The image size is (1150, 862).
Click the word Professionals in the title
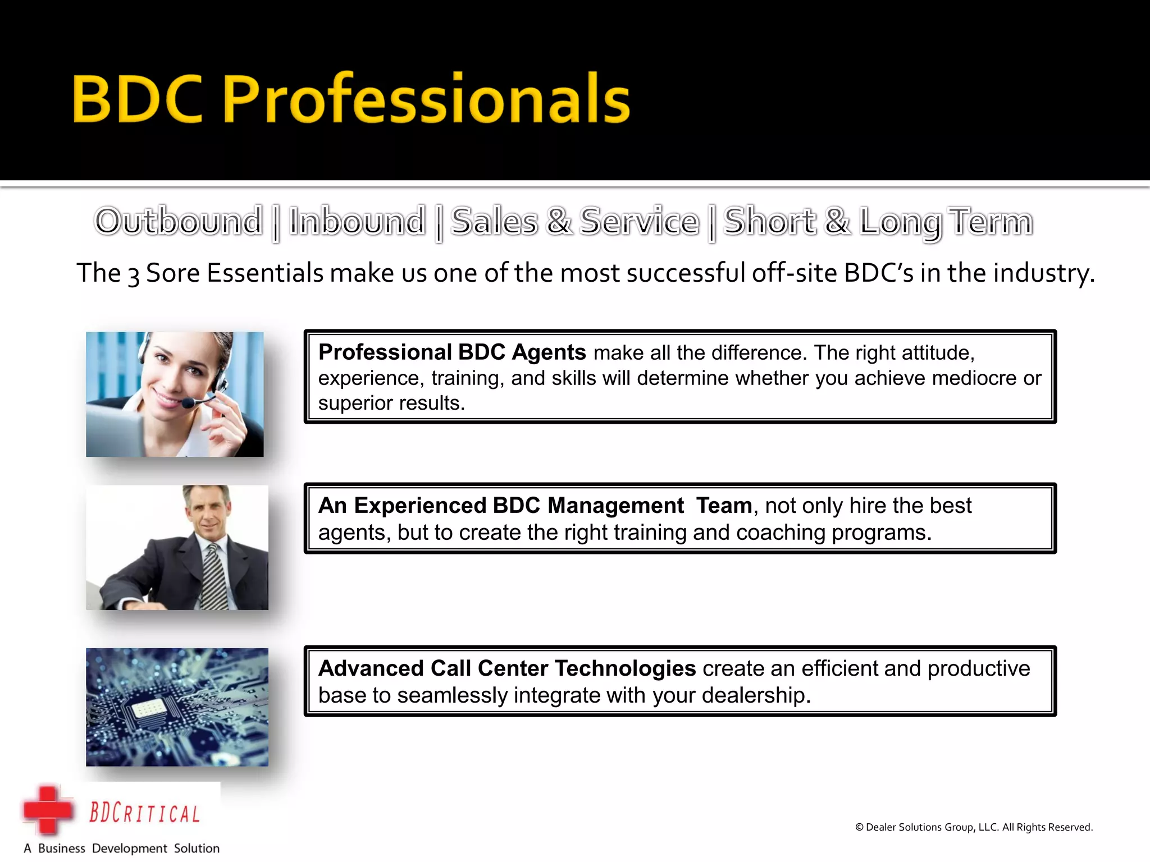click(x=427, y=100)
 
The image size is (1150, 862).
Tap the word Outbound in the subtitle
click(x=179, y=221)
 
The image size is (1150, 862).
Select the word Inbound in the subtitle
click(x=357, y=221)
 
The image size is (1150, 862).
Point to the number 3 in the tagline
click(x=133, y=276)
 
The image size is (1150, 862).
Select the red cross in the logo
click(x=48, y=810)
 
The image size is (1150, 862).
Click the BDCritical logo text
click(x=145, y=814)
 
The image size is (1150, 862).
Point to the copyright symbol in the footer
click(x=859, y=827)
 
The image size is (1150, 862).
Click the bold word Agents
click(x=549, y=352)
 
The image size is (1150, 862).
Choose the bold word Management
click(x=615, y=506)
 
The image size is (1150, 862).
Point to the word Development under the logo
click(x=129, y=849)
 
